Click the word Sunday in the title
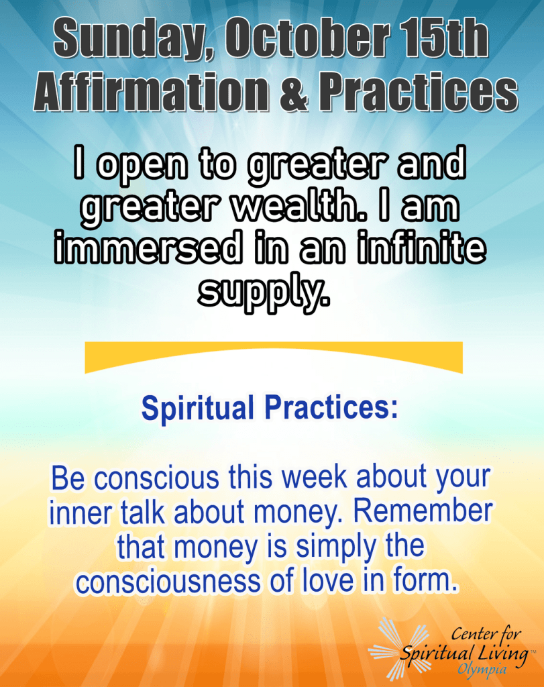click(131, 38)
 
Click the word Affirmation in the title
click(151, 92)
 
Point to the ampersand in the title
click(293, 93)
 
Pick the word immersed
click(148, 248)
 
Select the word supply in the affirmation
click(264, 293)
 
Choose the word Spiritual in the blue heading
click(197, 407)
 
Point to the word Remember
click(423, 512)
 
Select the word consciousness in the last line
click(168, 582)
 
